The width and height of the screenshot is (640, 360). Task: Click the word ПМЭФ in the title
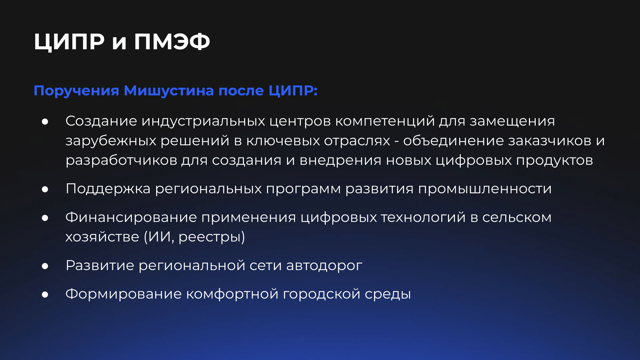click(172, 42)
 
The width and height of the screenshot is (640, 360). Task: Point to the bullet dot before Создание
click(45, 122)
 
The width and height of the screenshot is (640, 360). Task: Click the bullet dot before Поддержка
click(45, 189)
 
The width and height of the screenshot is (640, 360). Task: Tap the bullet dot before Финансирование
click(45, 218)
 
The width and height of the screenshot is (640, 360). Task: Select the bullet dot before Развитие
click(45, 266)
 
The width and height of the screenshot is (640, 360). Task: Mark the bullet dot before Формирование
click(45, 294)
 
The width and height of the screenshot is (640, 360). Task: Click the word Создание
click(101, 121)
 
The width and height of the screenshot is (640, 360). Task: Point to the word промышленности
click(485, 189)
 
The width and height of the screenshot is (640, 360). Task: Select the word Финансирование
click(131, 218)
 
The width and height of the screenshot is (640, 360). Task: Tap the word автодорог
click(324, 266)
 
